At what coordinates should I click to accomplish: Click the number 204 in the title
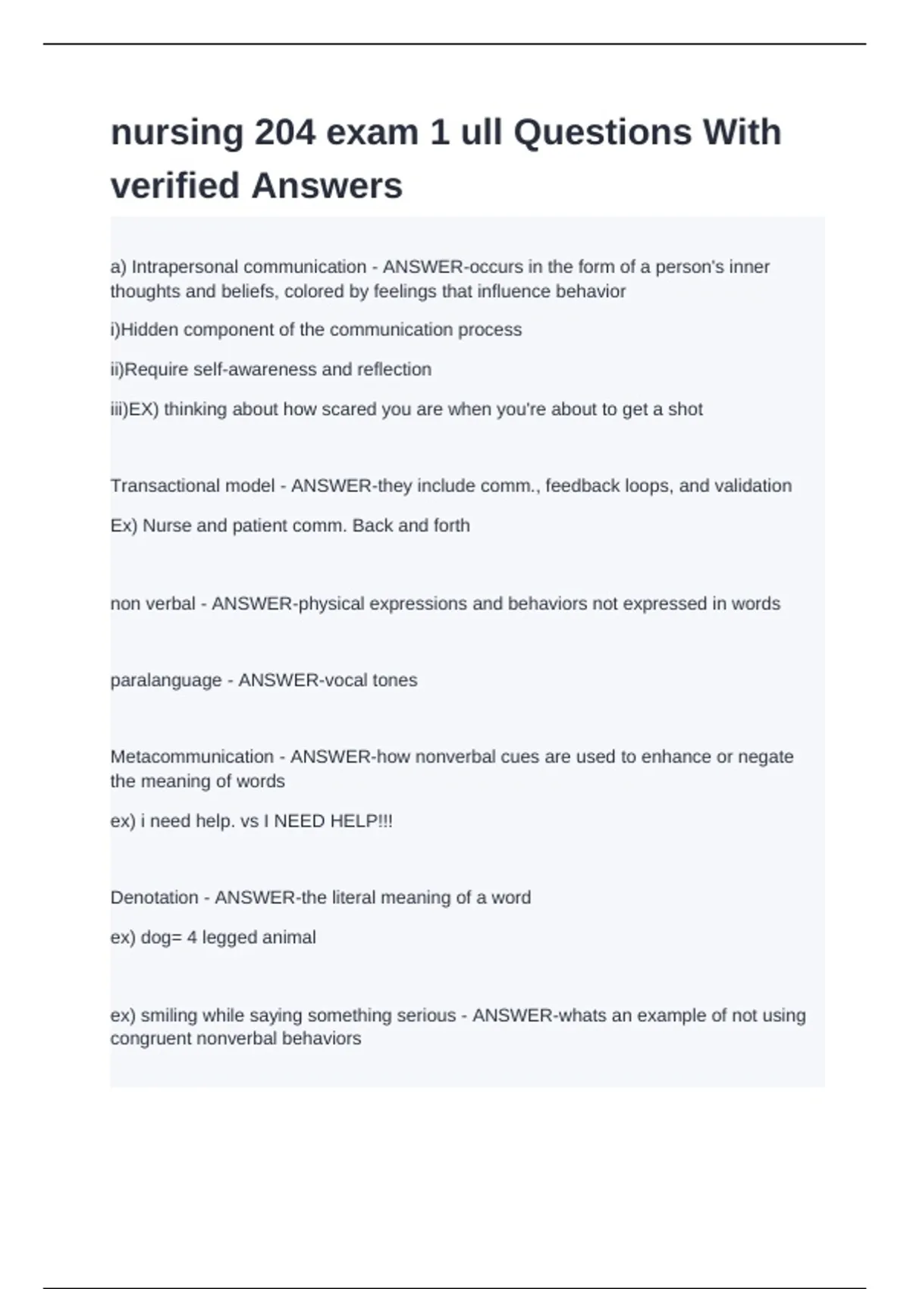tap(284, 133)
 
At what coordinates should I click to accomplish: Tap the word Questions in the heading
tap(602, 133)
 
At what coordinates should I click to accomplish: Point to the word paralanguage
tap(166, 680)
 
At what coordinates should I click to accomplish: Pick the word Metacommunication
tap(192, 757)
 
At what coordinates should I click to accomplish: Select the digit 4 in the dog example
tap(192, 938)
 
